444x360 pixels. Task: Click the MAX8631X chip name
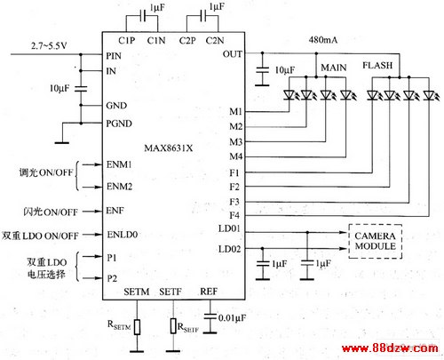(x=169, y=148)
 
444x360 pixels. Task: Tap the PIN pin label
(x=114, y=56)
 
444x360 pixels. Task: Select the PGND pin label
(x=119, y=124)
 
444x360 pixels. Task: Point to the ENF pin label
(x=115, y=211)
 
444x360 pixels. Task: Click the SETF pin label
(x=170, y=292)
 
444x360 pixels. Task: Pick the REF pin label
(x=209, y=292)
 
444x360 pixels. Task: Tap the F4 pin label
(x=234, y=215)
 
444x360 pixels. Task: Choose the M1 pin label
(x=236, y=111)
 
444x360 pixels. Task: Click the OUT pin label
(x=233, y=54)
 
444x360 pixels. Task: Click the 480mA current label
(x=323, y=40)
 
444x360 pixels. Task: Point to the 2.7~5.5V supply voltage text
(x=49, y=46)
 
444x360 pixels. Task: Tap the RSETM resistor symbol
(x=137, y=327)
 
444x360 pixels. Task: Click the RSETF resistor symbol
(x=173, y=326)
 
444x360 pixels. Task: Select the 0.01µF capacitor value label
(x=232, y=318)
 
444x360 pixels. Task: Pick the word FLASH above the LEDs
(x=377, y=65)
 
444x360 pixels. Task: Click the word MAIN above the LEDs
(x=334, y=68)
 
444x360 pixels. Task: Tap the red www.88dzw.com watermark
(x=390, y=348)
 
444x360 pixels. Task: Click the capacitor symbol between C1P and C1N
(x=142, y=16)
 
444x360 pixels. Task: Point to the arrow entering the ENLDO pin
(x=92, y=235)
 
